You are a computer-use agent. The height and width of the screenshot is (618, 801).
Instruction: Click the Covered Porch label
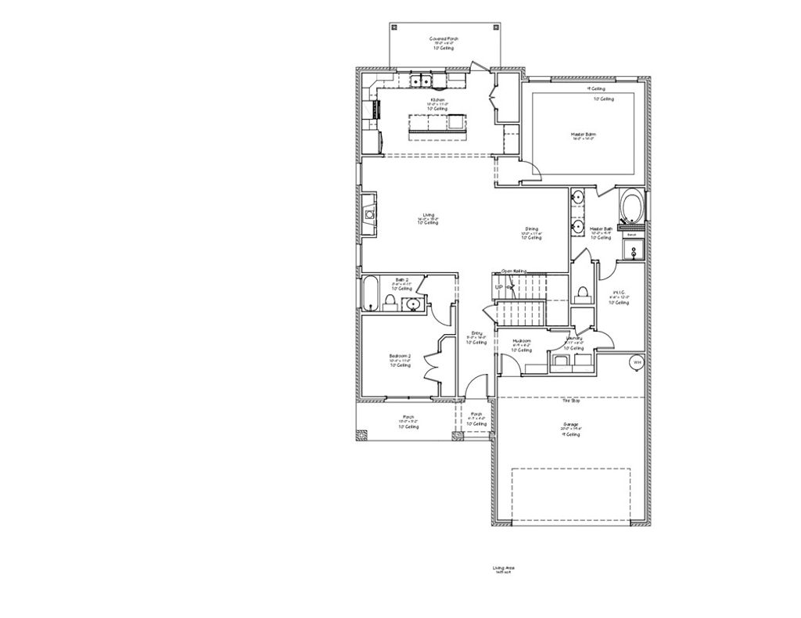click(x=443, y=38)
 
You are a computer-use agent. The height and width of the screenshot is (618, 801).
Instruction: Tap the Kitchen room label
click(x=437, y=100)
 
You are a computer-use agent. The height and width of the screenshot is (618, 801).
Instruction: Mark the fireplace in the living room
click(x=368, y=213)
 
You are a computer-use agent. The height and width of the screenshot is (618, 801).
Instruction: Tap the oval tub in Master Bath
click(x=631, y=207)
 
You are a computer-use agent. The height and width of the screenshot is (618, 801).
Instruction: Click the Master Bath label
click(x=601, y=229)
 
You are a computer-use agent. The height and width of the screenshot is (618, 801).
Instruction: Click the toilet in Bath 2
click(x=390, y=302)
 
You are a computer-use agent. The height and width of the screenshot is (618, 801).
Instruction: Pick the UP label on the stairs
click(x=498, y=288)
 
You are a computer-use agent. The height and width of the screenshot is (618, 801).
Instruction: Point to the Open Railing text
click(x=514, y=271)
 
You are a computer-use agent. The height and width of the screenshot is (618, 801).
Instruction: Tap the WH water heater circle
click(x=637, y=362)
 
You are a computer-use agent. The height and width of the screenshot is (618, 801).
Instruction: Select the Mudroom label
click(x=522, y=341)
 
